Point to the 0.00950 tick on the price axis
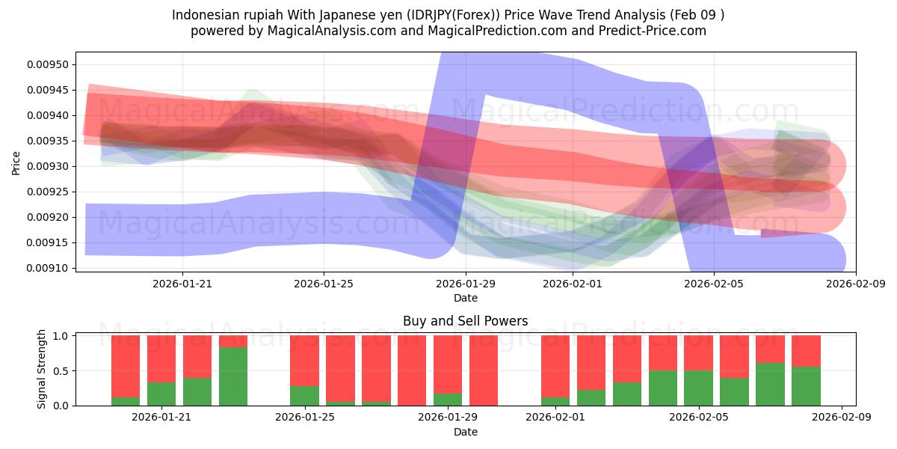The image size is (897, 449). pyautogui.click(x=47, y=64)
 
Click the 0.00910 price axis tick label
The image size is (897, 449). pyautogui.click(x=47, y=268)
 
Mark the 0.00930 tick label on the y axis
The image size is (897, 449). pyautogui.click(x=47, y=166)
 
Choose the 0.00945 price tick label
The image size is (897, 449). pyautogui.click(x=47, y=90)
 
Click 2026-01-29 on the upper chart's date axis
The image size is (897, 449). pyautogui.click(x=466, y=284)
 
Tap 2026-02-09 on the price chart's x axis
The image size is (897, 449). pyautogui.click(x=856, y=284)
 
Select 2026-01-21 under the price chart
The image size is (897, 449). pyautogui.click(x=183, y=284)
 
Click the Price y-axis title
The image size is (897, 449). pyautogui.click(x=16, y=162)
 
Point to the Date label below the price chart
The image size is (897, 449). pyautogui.click(x=465, y=298)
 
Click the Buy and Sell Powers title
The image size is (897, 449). pyautogui.click(x=465, y=321)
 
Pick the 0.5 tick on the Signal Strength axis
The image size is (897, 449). pyautogui.click(x=61, y=370)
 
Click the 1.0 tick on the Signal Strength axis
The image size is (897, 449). pyautogui.click(x=61, y=336)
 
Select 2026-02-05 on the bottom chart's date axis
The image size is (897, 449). pyautogui.click(x=699, y=418)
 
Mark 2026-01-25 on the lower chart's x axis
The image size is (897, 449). pyautogui.click(x=304, y=418)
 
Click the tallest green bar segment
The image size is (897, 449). pyautogui.click(x=233, y=376)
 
